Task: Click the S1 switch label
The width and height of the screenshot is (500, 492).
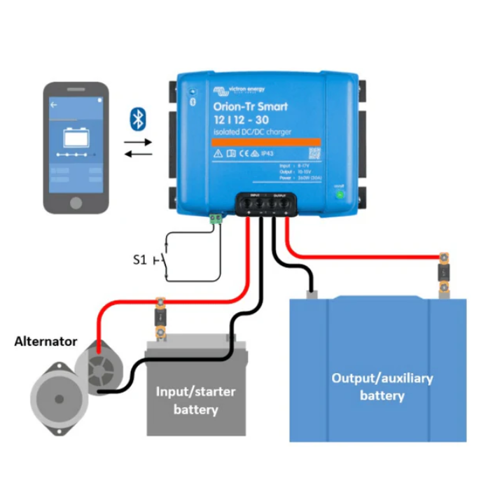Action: point(140,260)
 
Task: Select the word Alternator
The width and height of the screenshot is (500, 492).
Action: point(46,342)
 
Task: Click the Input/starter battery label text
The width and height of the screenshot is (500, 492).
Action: point(195,400)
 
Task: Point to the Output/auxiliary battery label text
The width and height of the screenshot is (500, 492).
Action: point(382,386)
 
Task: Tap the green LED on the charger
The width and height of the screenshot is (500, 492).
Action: point(340,194)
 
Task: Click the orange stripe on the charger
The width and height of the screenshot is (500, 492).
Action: point(266,141)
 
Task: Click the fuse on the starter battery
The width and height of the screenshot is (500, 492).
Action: point(161,319)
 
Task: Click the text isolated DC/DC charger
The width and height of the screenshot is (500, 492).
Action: point(252,132)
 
